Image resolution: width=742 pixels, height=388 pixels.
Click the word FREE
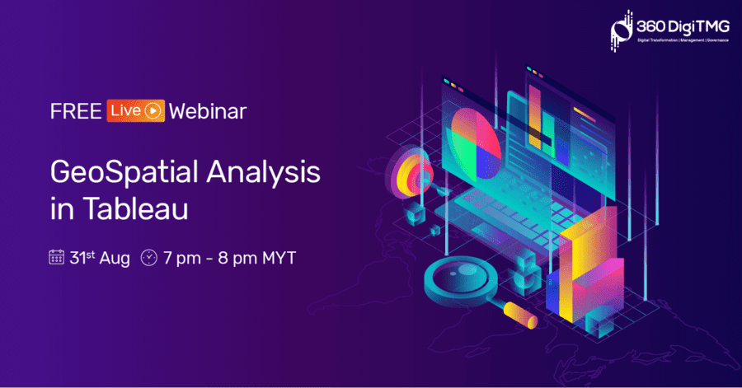[x=76, y=111]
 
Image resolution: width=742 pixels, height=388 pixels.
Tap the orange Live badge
[x=136, y=110]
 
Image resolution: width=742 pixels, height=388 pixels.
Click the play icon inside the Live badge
[x=153, y=111]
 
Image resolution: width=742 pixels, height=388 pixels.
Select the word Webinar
[x=208, y=111]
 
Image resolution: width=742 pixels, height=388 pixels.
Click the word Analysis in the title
[x=264, y=172]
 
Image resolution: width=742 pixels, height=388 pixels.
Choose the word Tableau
[x=136, y=208]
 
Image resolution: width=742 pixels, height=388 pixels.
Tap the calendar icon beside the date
[x=56, y=257]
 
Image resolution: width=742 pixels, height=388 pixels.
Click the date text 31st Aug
[x=100, y=258]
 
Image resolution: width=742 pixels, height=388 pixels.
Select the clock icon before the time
[x=149, y=258]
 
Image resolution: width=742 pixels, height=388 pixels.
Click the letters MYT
[x=279, y=258]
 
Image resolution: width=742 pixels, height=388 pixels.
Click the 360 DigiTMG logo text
[x=683, y=27]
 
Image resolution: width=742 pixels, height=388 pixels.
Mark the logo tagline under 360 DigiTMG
[x=683, y=40]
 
